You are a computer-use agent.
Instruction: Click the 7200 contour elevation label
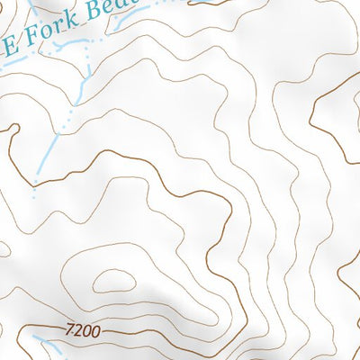(x=84, y=332)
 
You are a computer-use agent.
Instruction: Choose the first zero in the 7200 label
(x=87, y=332)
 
